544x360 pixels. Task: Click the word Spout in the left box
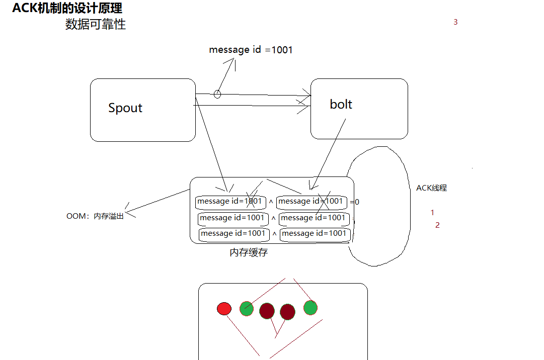[125, 108]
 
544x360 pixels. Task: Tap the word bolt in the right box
[341, 104]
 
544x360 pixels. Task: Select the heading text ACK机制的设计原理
[67, 8]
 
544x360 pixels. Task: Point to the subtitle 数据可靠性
[96, 24]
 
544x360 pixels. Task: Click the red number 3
[455, 22]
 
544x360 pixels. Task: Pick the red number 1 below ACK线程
[432, 212]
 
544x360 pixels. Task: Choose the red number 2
[437, 225]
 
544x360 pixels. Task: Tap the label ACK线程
[432, 188]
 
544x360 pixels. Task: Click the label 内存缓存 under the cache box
[249, 252]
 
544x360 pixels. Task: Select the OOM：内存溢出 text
[95, 216]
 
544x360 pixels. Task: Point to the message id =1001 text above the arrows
[251, 50]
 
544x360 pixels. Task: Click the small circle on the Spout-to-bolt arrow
[217, 94]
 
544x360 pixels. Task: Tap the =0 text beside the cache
[355, 202]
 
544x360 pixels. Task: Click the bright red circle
[224, 308]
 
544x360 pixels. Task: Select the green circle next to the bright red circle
[247, 308]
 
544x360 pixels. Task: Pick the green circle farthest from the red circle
[310, 308]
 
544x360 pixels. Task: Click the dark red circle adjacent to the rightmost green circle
[288, 312]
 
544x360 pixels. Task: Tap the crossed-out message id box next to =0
[312, 202]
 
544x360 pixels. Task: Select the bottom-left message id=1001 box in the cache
[234, 234]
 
